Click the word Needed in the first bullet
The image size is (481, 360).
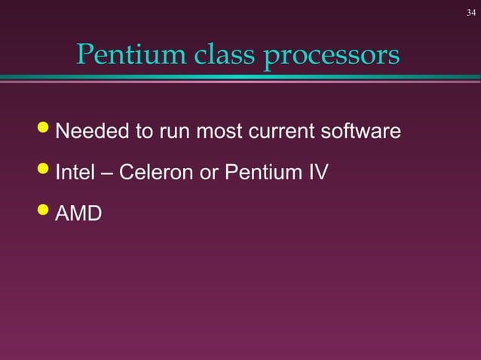(92, 132)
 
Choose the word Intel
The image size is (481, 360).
(75, 172)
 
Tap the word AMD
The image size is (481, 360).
(79, 213)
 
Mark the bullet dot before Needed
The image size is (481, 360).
(44, 130)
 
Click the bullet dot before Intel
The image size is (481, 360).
(44, 171)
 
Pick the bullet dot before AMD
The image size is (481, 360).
(44, 212)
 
